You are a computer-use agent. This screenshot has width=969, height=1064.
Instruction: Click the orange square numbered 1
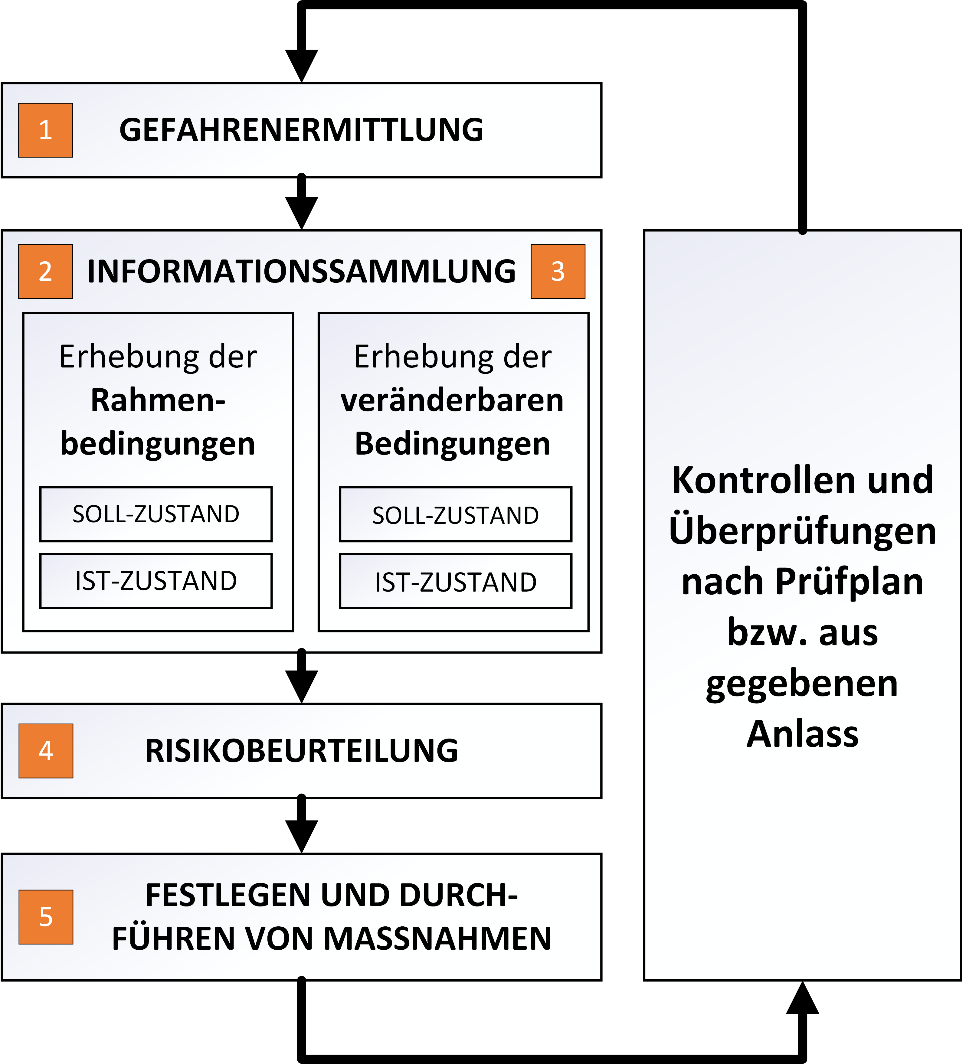45,130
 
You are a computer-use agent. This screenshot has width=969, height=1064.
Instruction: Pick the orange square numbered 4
46,751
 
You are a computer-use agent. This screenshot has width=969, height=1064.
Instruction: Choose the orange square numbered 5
46,917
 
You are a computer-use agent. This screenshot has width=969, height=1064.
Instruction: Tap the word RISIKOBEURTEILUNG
302,751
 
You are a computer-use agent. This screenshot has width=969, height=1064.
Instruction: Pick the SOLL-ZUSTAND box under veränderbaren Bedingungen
456,514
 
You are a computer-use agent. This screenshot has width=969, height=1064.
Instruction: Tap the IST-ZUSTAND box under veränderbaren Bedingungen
456,581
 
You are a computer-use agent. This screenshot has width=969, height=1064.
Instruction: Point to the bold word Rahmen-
158,400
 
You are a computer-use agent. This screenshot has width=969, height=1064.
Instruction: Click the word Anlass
803,734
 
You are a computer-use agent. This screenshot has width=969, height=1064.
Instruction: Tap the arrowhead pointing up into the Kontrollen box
803,997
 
